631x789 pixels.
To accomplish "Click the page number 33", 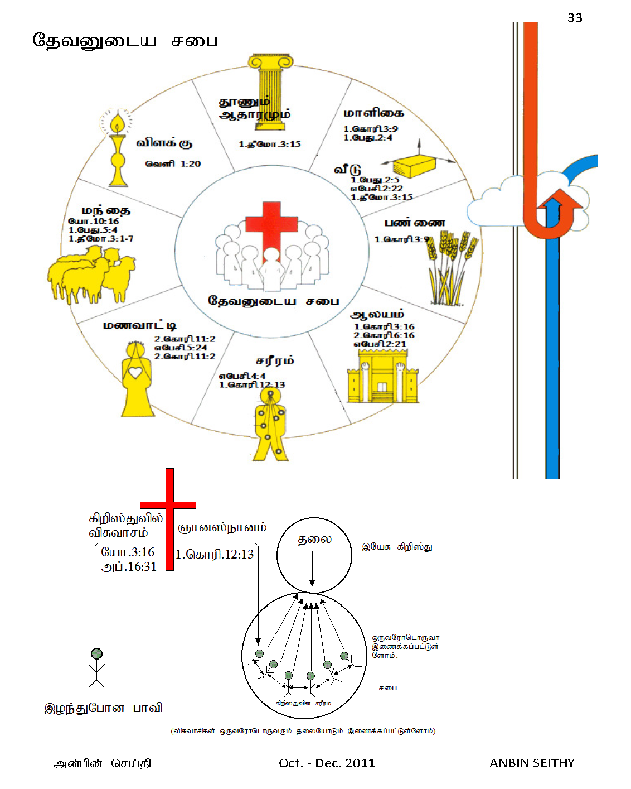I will pyautogui.click(x=575, y=18).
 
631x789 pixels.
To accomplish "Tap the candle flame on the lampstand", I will pyautogui.click(x=117, y=123).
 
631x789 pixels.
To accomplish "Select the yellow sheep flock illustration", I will pyautogui.click(x=91, y=276).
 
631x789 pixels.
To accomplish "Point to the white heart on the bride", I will pyautogui.click(x=135, y=373).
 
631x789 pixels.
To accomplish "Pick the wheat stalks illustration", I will pyautogui.click(x=450, y=268).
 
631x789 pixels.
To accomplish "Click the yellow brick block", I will pyautogui.click(x=414, y=166).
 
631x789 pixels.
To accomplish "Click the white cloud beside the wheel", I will pyautogui.click(x=502, y=206).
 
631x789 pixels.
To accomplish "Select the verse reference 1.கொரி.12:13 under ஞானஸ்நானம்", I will pyautogui.click(x=215, y=555).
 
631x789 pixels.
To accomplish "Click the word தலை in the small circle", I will pyautogui.click(x=314, y=540).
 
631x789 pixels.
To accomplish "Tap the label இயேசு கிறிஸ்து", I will pyautogui.click(x=397, y=547).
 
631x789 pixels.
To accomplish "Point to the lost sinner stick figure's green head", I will pyautogui.click(x=97, y=653).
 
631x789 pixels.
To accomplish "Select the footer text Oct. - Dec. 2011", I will pyautogui.click(x=327, y=763).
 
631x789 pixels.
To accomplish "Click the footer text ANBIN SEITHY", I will pyautogui.click(x=532, y=763).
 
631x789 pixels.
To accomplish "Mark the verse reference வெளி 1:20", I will pyautogui.click(x=173, y=163).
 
